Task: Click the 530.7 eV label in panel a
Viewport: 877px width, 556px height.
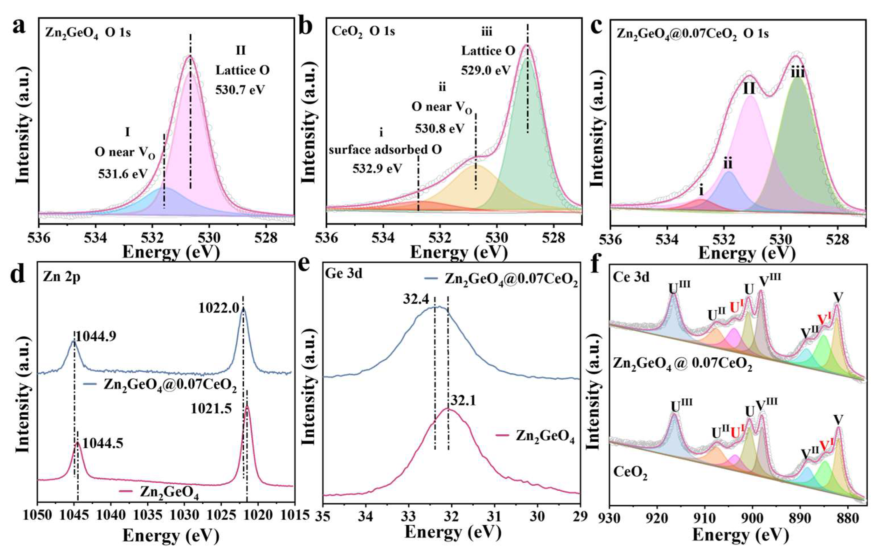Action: pyautogui.click(x=240, y=89)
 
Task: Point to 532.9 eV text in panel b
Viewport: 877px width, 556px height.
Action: pyautogui.click(x=377, y=169)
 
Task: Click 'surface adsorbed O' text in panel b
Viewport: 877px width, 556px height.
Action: pyautogui.click(x=385, y=150)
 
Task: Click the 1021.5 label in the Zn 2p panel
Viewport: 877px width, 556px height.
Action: pyautogui.click(x=211, y=409)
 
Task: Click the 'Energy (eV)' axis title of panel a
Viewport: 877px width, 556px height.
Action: pyautogui.click(x=171, y=252)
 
